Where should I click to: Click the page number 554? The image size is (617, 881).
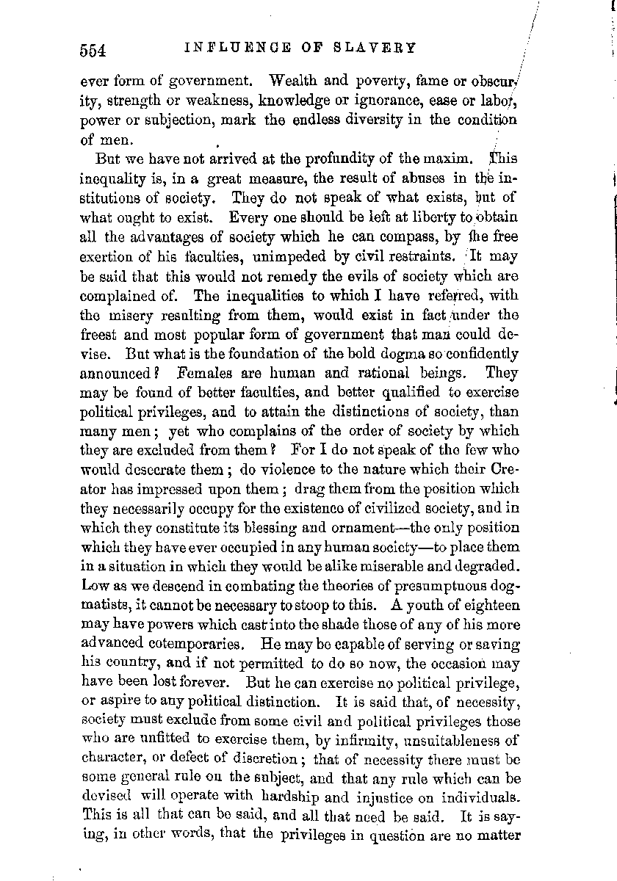(x=95, y=50)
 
